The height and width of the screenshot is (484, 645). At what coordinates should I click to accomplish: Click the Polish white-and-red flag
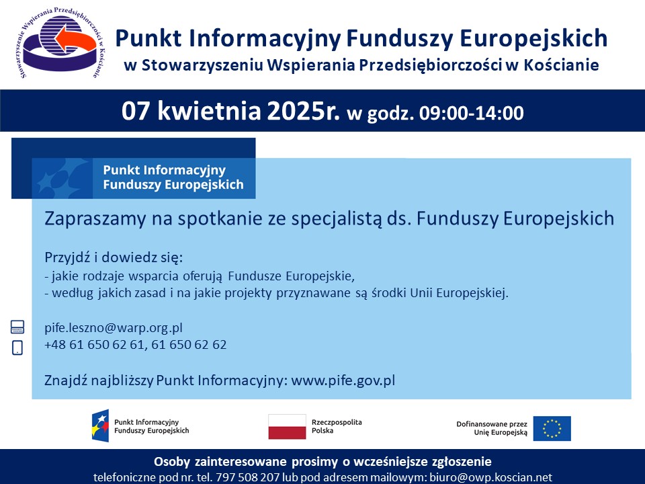point(287,427)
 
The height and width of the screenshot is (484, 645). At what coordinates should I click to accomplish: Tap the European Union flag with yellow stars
point(552,428)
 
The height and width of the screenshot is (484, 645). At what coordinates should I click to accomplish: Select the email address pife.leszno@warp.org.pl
point(114,328)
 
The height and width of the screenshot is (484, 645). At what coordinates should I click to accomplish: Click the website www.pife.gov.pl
point(343,380)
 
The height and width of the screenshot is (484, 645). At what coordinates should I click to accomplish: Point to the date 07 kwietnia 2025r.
point(230,111)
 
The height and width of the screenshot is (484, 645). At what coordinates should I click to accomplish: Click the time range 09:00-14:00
point(472,113)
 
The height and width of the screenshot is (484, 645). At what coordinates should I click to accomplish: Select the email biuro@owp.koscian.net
point(490,477)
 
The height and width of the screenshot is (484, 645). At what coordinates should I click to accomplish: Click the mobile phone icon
point(17,348)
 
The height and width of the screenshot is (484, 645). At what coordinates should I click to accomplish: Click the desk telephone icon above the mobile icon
point(17,327)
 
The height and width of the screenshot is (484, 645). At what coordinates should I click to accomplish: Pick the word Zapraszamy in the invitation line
point(95,218)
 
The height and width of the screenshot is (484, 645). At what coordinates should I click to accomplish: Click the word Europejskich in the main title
point(533,38)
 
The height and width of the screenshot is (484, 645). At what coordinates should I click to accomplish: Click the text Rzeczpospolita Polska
point(337,426)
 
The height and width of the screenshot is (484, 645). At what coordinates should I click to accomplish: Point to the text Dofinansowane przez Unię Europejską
point(492,428)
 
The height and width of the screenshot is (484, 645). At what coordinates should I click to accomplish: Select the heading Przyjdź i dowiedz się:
point(114,257)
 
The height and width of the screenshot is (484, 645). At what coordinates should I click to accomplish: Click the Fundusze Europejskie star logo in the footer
point(100,426)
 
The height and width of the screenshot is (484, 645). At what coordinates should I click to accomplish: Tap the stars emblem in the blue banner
point(62,178)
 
